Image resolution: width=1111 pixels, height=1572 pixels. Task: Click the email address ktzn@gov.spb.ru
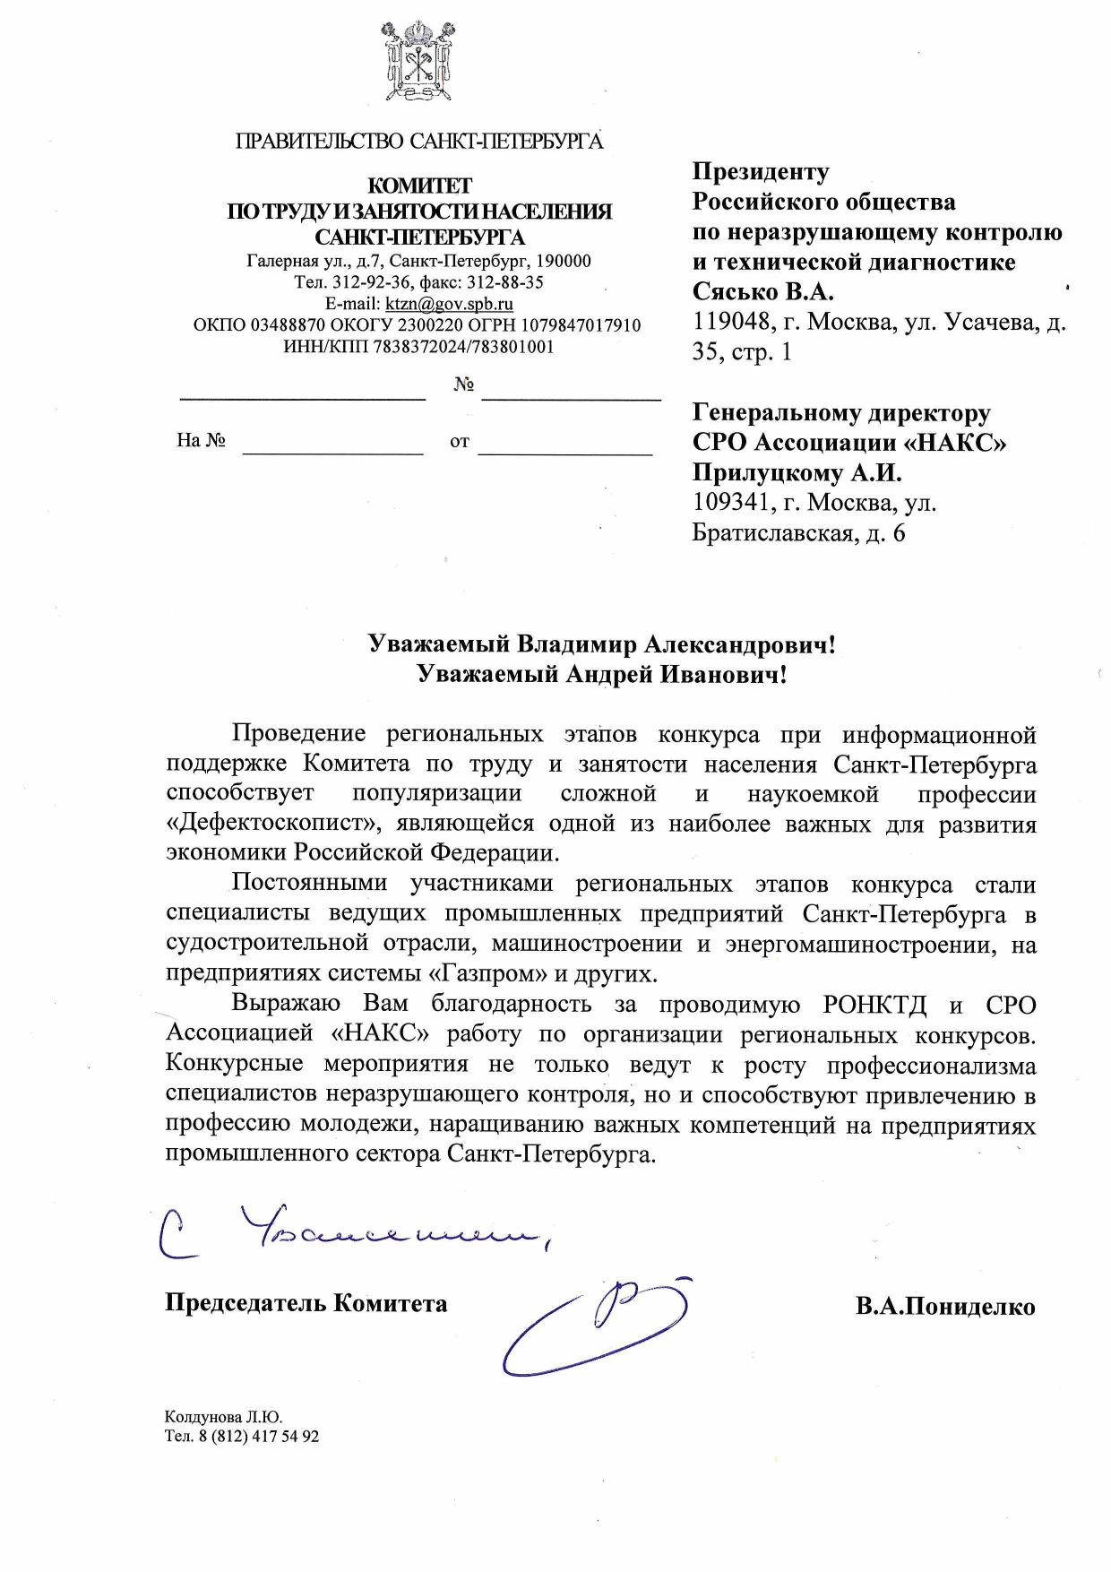(x=449, y=304)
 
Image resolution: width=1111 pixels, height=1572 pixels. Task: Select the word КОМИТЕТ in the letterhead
(x=419, y=186)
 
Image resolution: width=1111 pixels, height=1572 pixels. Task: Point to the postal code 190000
(x=563, y=262)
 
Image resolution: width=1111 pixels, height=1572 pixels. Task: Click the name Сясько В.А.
(x=762, y=292)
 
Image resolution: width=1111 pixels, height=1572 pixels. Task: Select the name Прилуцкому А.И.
(x=797, y=472)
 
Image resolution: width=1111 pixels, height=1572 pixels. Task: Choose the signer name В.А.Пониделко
(x=944, y=1307)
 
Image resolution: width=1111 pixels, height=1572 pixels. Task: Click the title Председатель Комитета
(x=306, y=1302)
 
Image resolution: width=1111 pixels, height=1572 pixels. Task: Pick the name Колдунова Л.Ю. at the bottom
(x=223, y=1417)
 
